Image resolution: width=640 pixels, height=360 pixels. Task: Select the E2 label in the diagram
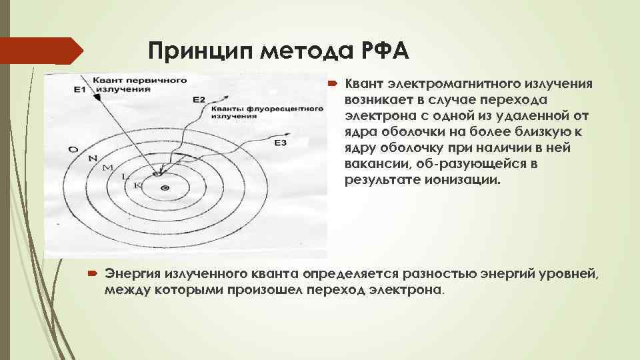(x=199, y=99)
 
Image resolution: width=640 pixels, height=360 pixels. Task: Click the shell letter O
(x=73, y=149)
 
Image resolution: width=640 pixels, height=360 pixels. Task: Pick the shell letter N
(x=92, y=158)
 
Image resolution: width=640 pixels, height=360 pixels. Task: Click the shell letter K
(x=137, y=184)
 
